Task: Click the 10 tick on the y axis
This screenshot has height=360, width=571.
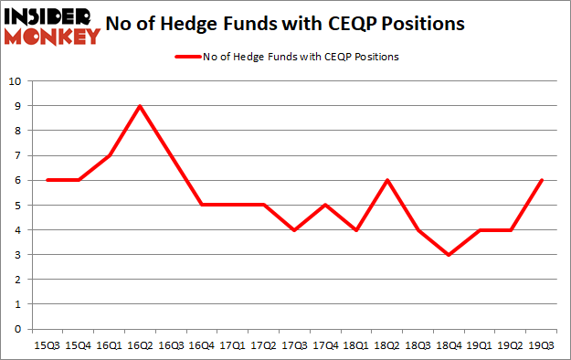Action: [x=16, y=81]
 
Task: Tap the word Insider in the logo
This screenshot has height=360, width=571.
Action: [x=51, y=16]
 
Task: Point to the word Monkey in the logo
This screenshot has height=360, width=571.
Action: [x=51, y=37]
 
